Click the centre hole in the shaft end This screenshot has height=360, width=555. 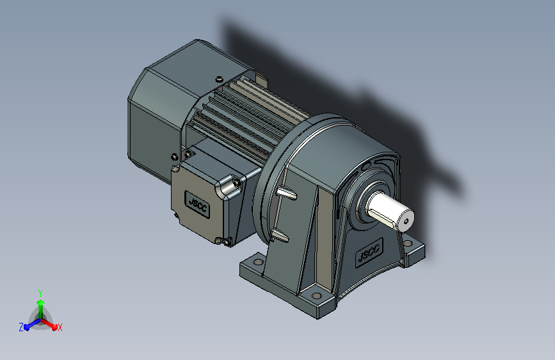(406, 222)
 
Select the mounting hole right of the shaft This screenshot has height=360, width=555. (408, 243)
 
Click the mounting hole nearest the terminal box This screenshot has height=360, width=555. (259, 262)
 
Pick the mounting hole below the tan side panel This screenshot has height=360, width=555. (317, 295)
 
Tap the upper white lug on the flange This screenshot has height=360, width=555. (287, 193)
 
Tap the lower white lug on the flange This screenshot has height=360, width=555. (280, 235)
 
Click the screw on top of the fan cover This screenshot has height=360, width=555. (219, 79)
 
